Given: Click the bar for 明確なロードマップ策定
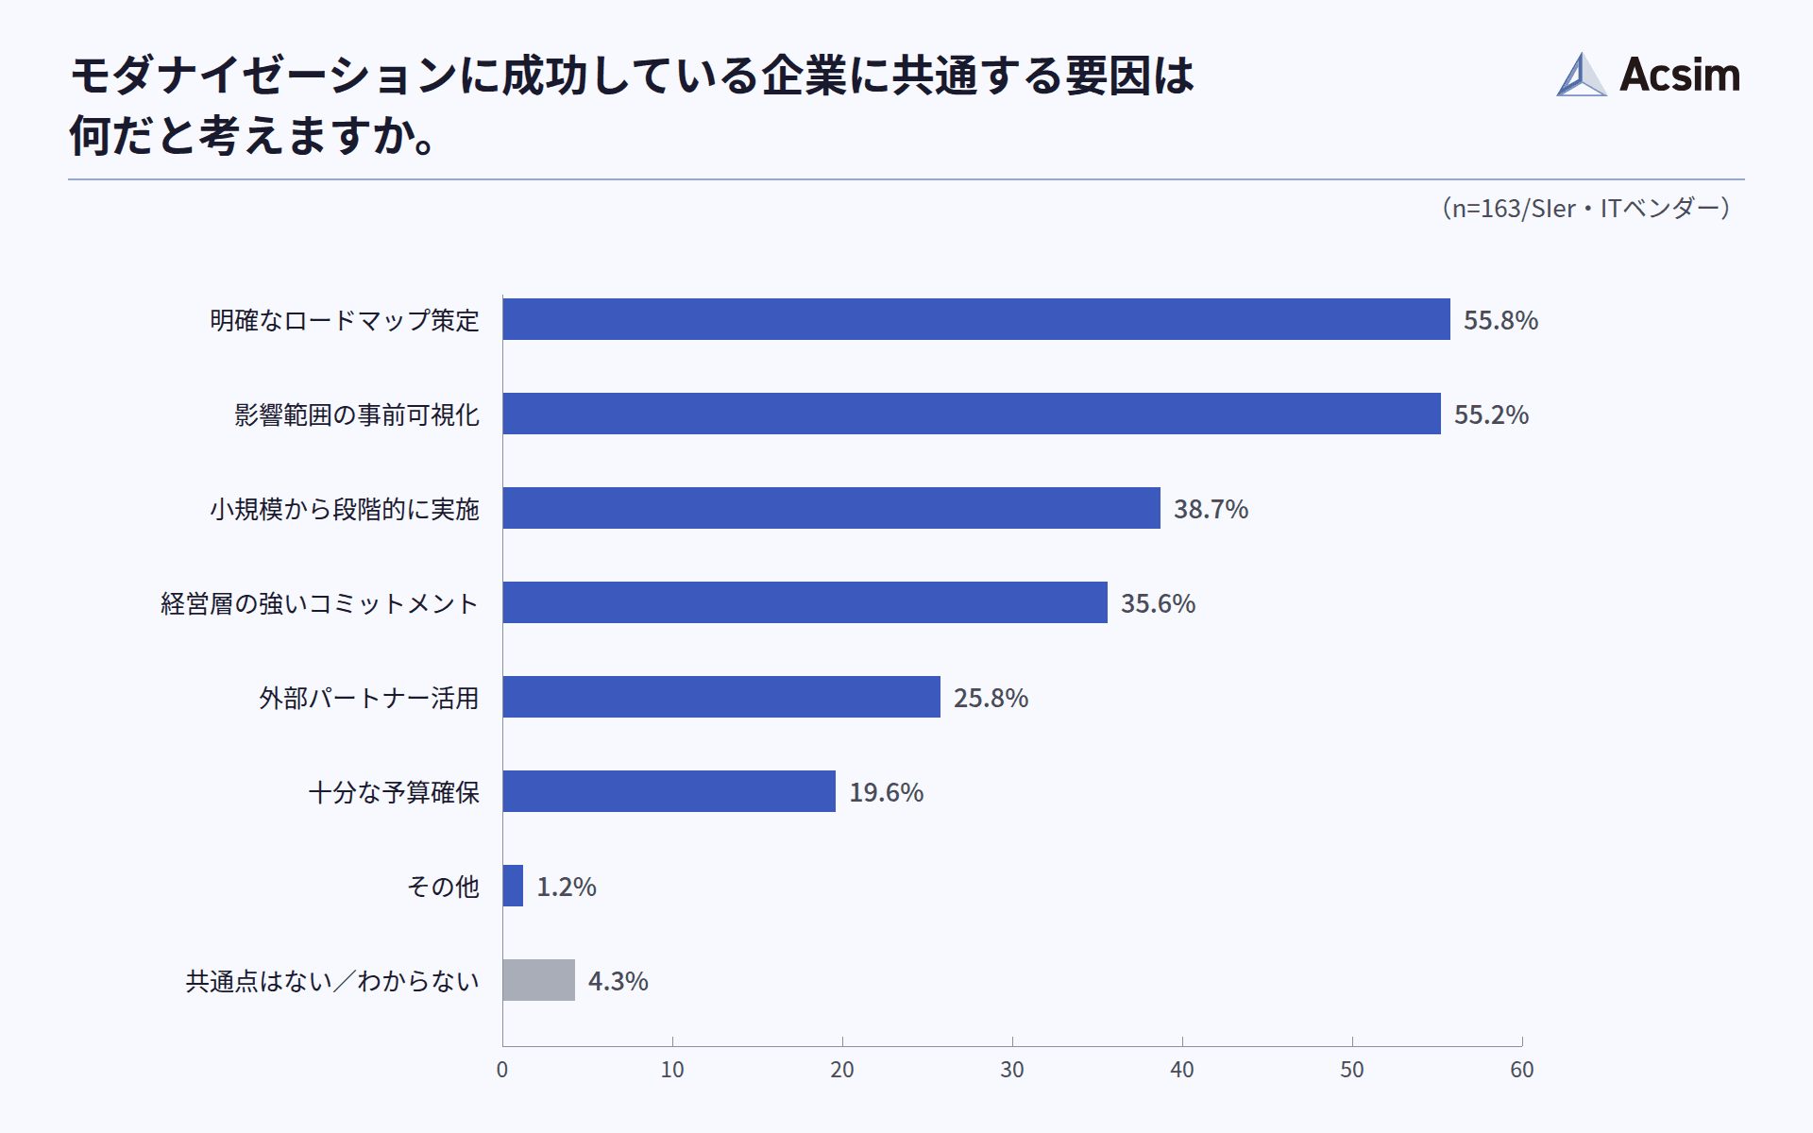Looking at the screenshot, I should tap(975, 319).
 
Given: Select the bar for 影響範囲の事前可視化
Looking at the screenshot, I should tap(971, 414).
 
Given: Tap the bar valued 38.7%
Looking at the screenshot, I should tap(831, 508).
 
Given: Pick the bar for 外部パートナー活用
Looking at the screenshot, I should tap(721, 697).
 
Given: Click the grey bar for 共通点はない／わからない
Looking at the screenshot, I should tap(538, 980).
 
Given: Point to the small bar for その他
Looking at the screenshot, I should tap(513, 886).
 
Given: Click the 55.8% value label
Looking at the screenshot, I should tap(1500, 320).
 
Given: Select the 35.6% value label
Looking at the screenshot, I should tap(1158, 603).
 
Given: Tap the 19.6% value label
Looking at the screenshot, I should tap(886, 792).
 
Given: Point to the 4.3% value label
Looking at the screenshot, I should tap(618, 981).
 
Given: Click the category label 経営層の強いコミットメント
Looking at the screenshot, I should tap(319, 603).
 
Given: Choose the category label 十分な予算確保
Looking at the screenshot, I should tap(394, 792).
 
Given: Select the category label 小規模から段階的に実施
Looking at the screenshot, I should tap(344, 509).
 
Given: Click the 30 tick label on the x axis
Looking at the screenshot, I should tap(1012, 1070).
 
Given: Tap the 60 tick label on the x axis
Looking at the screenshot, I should tap(1522, 1070).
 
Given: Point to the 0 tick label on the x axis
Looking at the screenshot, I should tap(502, 1070).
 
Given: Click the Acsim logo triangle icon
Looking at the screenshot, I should tap(1581, 76).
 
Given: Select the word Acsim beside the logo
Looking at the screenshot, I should tap(1680, 75).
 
